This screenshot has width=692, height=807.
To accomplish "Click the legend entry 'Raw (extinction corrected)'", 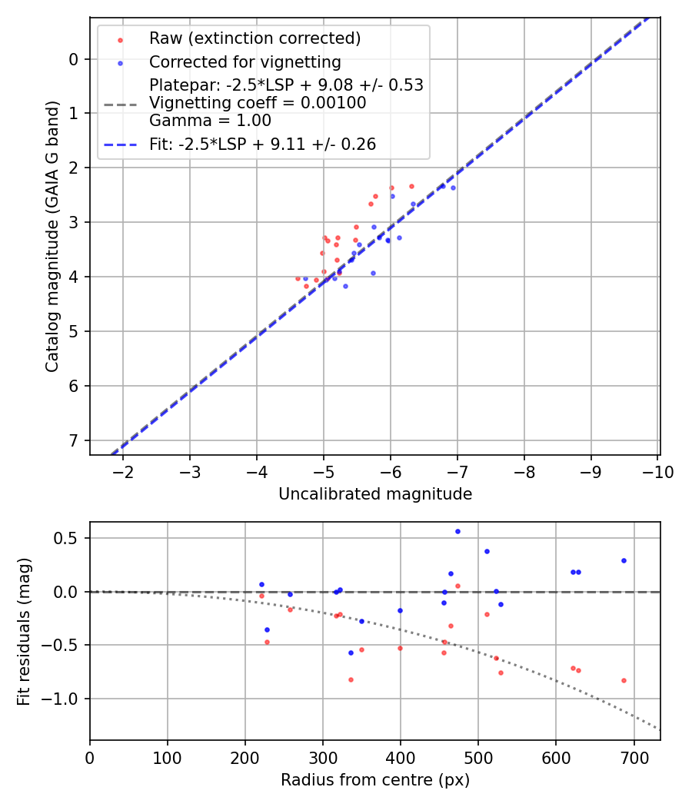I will pos(255,38).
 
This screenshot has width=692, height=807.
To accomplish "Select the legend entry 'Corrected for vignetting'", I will pos(245,61).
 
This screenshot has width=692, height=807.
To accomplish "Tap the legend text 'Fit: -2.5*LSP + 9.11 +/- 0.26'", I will pos(262,144).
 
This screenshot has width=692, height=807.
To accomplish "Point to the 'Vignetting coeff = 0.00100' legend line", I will pos(258,102).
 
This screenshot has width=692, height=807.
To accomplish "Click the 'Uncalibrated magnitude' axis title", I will pos(375,494).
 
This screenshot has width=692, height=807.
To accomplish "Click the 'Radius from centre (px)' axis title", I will pos(375,780).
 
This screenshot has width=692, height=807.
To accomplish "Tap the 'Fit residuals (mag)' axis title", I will pos(24,630).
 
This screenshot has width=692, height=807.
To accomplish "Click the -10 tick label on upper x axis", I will pos(658,471).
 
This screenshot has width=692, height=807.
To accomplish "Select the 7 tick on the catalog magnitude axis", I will pos(75,440).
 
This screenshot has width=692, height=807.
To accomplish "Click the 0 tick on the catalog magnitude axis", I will pos(75,59).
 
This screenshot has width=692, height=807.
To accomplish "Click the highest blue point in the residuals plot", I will pos(457,531).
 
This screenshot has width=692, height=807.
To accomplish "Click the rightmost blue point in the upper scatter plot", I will pos(453,188).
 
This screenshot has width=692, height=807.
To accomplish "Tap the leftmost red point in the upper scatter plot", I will pos(298,278).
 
